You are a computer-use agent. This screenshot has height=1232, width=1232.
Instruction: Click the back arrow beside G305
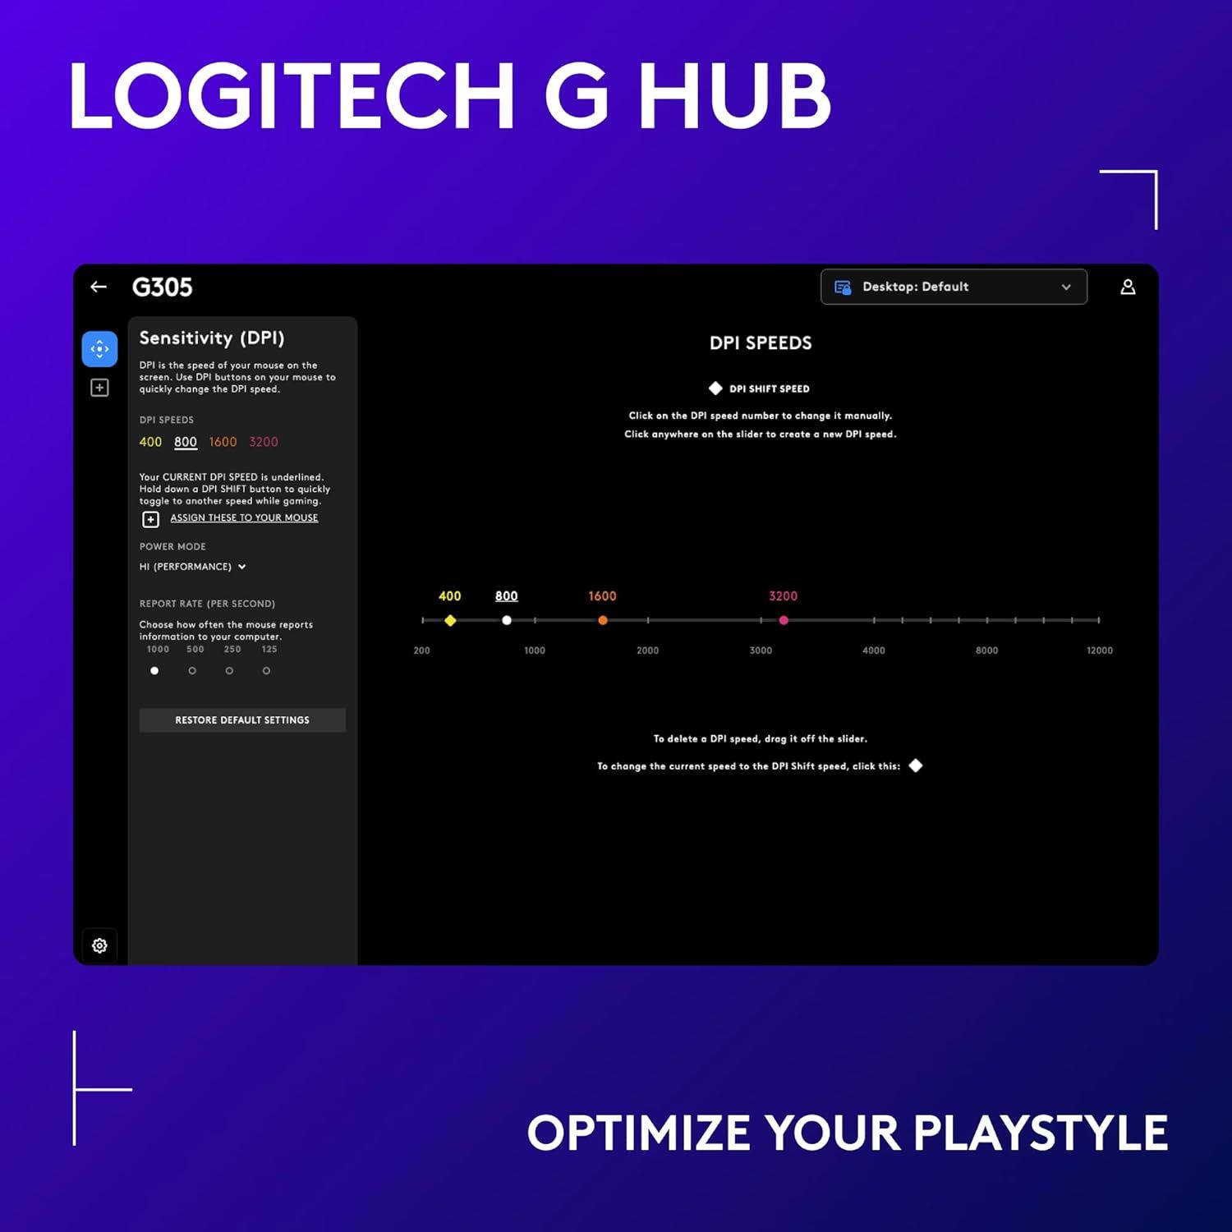(x=99, y=287)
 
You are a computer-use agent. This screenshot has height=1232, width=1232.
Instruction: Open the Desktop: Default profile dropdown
(x=953, y=287)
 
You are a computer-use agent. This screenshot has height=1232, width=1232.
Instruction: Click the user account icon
(x=1128, y=287)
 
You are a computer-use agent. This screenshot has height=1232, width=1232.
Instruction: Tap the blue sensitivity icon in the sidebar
(x=99, y=349)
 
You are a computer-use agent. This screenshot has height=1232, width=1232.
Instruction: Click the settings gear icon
(x=99, y=945)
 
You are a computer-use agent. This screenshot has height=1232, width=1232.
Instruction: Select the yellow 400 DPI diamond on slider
(x=450, y=621)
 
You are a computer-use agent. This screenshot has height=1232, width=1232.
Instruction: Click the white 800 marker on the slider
(x=507, y=621)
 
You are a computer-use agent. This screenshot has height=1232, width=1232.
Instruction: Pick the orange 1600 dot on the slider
(x=603, y=621)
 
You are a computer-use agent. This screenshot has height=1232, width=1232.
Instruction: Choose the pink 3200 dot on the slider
(x=784, y=621)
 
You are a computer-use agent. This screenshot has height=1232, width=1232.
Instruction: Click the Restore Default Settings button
(x=242, y=720)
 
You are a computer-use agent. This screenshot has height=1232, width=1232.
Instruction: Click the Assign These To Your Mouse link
(x=244, y=518)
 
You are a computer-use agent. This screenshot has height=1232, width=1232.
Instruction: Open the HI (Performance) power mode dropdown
(x=193, y=567)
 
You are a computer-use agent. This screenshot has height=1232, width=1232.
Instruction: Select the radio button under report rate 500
(x=192, y=671)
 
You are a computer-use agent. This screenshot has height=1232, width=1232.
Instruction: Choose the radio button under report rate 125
(x=266, y=671)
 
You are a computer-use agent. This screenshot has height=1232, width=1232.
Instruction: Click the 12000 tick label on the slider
(x=1099, y=650)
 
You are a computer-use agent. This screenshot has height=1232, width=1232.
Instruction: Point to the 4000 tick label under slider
(x=874, y=650)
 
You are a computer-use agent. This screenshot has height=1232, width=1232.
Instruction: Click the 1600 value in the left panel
(x=223, y=442)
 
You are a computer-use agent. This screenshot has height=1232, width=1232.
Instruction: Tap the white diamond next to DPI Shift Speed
(x=715, y=388)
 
